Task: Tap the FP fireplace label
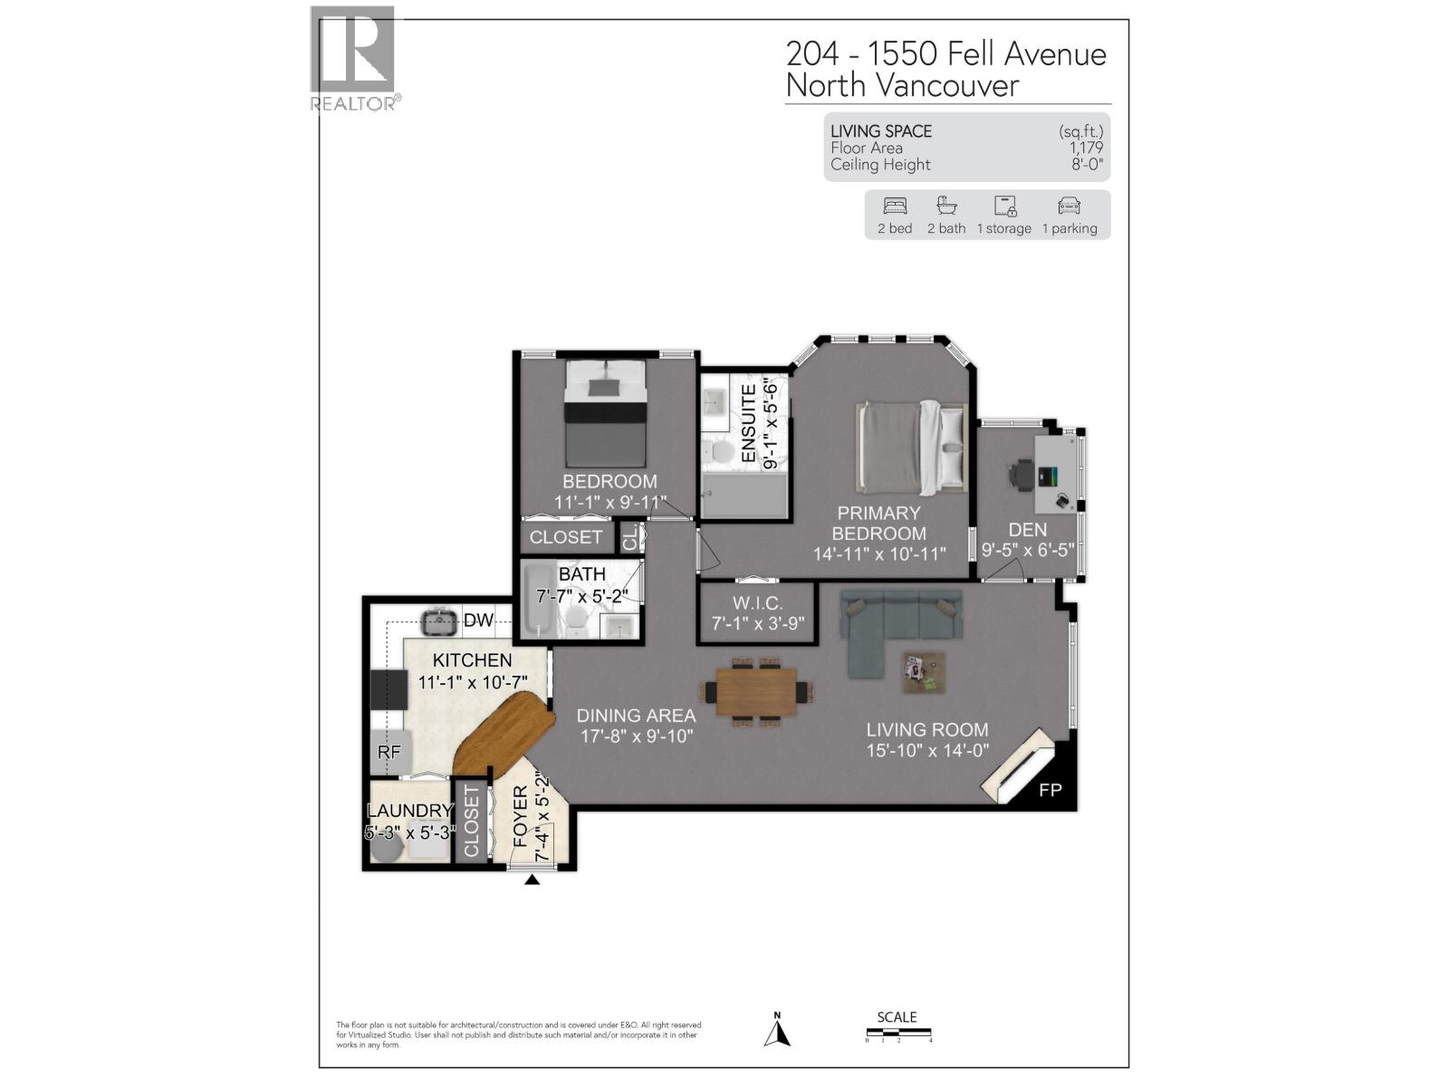tap(1050, 790)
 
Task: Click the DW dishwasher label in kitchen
tap(478, 620)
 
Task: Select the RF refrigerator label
tap(389, 752)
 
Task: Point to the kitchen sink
tap(440, 620)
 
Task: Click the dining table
tap(756, 691)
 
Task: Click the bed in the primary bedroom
tap(910, 446)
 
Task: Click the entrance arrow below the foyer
tap(533, 879)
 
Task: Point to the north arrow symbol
tap(777, 1033)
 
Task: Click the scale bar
tap(898, 1033)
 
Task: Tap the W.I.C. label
tap(757, 603)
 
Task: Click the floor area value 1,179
tap(1086, 148)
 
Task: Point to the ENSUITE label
tap(749, 423)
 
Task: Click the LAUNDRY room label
tap(409, 811)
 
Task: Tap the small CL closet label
tap(629, 537)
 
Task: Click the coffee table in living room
tap(924, 673)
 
